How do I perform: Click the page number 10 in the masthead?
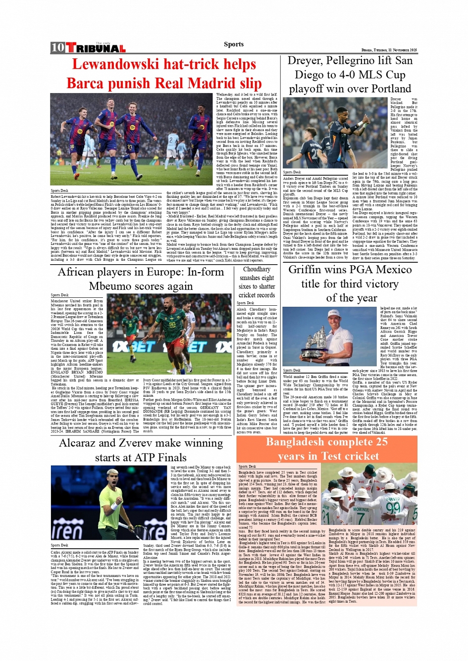coord(57,47)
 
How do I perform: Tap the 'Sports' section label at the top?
coord(233,44)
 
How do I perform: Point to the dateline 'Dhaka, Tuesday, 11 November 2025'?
coord(389,50)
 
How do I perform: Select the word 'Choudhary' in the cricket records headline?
coord(257,270)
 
